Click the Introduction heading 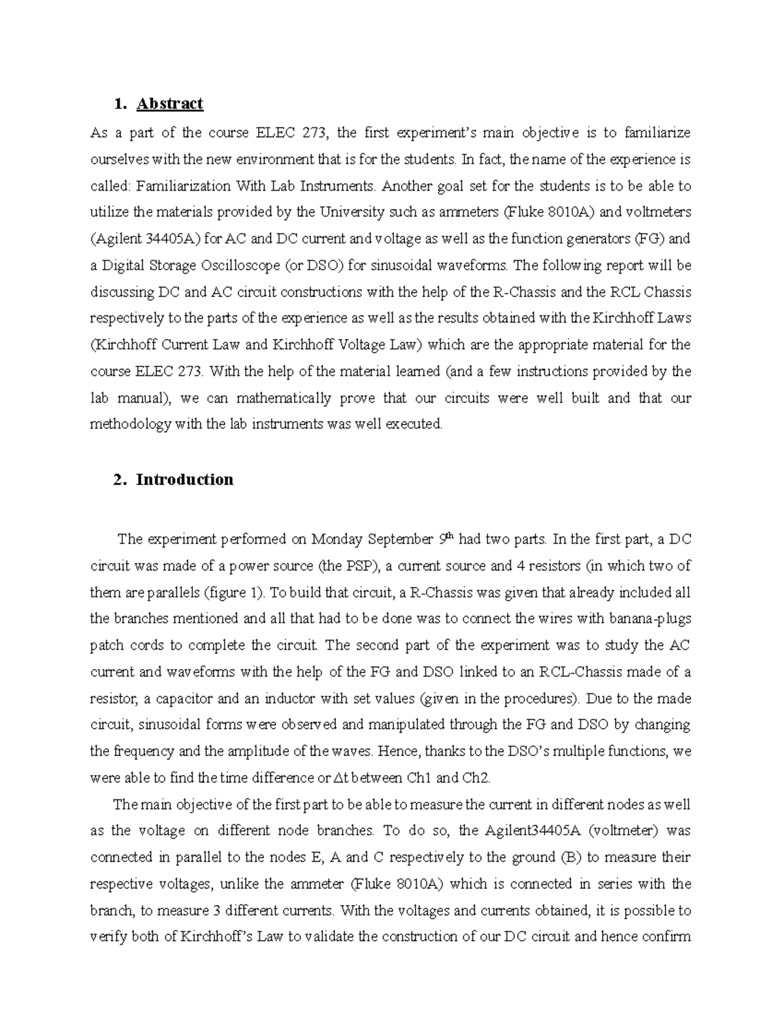pos(184,480)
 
